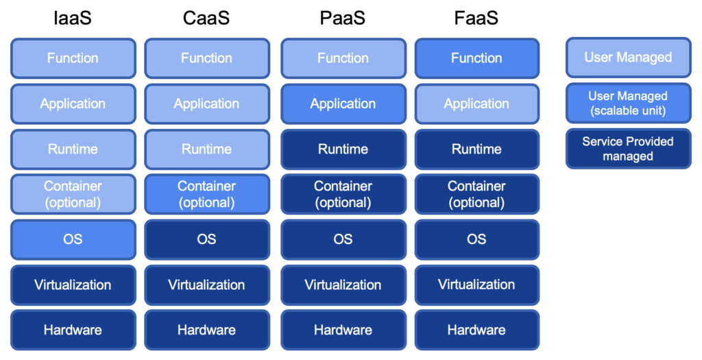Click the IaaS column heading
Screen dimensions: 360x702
tap(72, 19)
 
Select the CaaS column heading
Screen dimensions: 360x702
tap(206, 19)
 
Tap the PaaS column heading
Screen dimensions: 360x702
tap(343, 19)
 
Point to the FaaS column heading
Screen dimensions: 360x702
tap(476, 19)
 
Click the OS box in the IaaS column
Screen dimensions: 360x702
tap(73, 239)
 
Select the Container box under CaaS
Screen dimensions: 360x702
tap(206, 194)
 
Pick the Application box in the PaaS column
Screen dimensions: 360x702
tap(343, 104)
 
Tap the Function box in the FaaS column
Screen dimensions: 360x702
tap(476, 58)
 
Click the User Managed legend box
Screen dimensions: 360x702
tap(628, 58)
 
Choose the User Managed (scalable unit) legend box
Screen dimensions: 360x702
tap(628, 103)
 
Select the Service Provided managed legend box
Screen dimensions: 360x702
tap(628, 148)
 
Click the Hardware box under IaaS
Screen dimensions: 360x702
tap(73, 330)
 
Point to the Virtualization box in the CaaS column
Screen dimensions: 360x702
tap(206, 285)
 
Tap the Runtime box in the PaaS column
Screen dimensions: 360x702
tap(343, 149)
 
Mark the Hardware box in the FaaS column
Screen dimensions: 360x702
tap(476, 330)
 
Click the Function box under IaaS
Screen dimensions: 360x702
tap(73, 58)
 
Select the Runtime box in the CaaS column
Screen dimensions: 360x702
tap(206, 149)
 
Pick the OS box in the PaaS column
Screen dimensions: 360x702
tap(343, 239)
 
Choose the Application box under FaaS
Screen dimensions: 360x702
tap(476, 104)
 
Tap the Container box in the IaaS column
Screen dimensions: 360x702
tap(73, 194)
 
